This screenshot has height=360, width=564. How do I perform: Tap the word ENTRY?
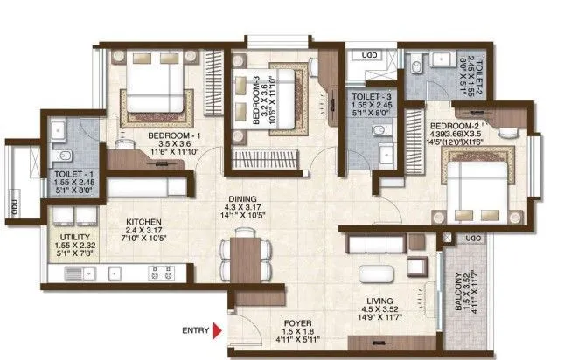pos(196,330)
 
